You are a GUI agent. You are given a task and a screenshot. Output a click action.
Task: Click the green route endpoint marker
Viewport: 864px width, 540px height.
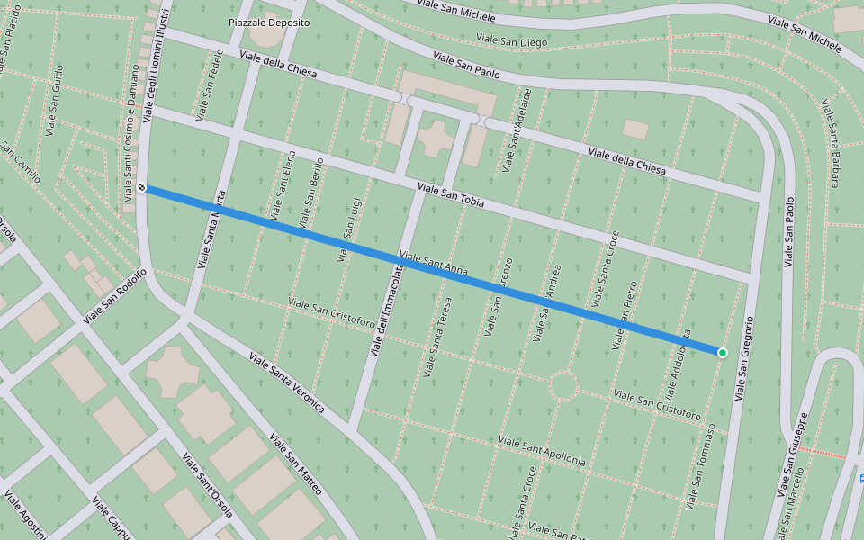(x=722, y=352)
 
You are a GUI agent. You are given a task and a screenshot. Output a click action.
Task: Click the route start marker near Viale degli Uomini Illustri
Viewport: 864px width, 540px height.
(x=142, y=187)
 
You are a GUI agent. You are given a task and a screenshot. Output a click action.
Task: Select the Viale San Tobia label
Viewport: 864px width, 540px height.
(x=451, y=195)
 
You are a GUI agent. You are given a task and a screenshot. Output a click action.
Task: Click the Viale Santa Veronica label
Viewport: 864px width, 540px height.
(x=286, y=382)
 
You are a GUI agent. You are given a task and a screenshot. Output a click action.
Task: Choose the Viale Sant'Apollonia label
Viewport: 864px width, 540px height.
(x=541, y=451)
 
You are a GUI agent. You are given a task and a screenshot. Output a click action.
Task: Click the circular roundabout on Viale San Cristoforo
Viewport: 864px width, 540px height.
(x=563, y=385)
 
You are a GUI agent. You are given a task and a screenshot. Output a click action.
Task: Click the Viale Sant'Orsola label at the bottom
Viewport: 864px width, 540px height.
(x=207, y=485)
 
